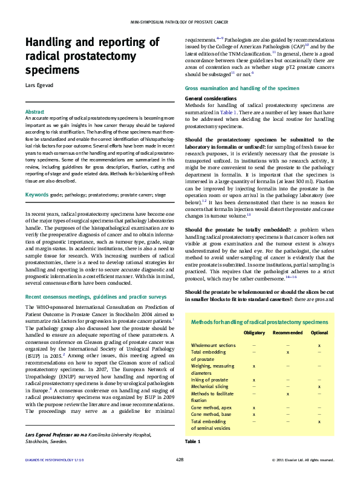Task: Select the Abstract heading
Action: tap(34, 112)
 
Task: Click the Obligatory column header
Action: tap(254, 333)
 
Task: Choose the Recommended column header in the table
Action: tap(287, 333)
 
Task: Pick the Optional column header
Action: tap(319, 333)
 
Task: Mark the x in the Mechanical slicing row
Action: tap(319, 386)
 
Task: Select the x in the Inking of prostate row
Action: tap(254, 379)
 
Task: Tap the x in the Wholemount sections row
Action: tap(319, 345)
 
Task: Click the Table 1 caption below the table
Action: tap(192, 442)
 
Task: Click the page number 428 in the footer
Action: tap(180, 460)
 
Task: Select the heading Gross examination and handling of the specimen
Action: tap(241, 88)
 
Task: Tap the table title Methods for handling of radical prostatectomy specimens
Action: tap(260, 322)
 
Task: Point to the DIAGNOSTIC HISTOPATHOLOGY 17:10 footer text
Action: tap(54, 460)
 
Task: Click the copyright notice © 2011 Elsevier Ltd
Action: tap(303, 460)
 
